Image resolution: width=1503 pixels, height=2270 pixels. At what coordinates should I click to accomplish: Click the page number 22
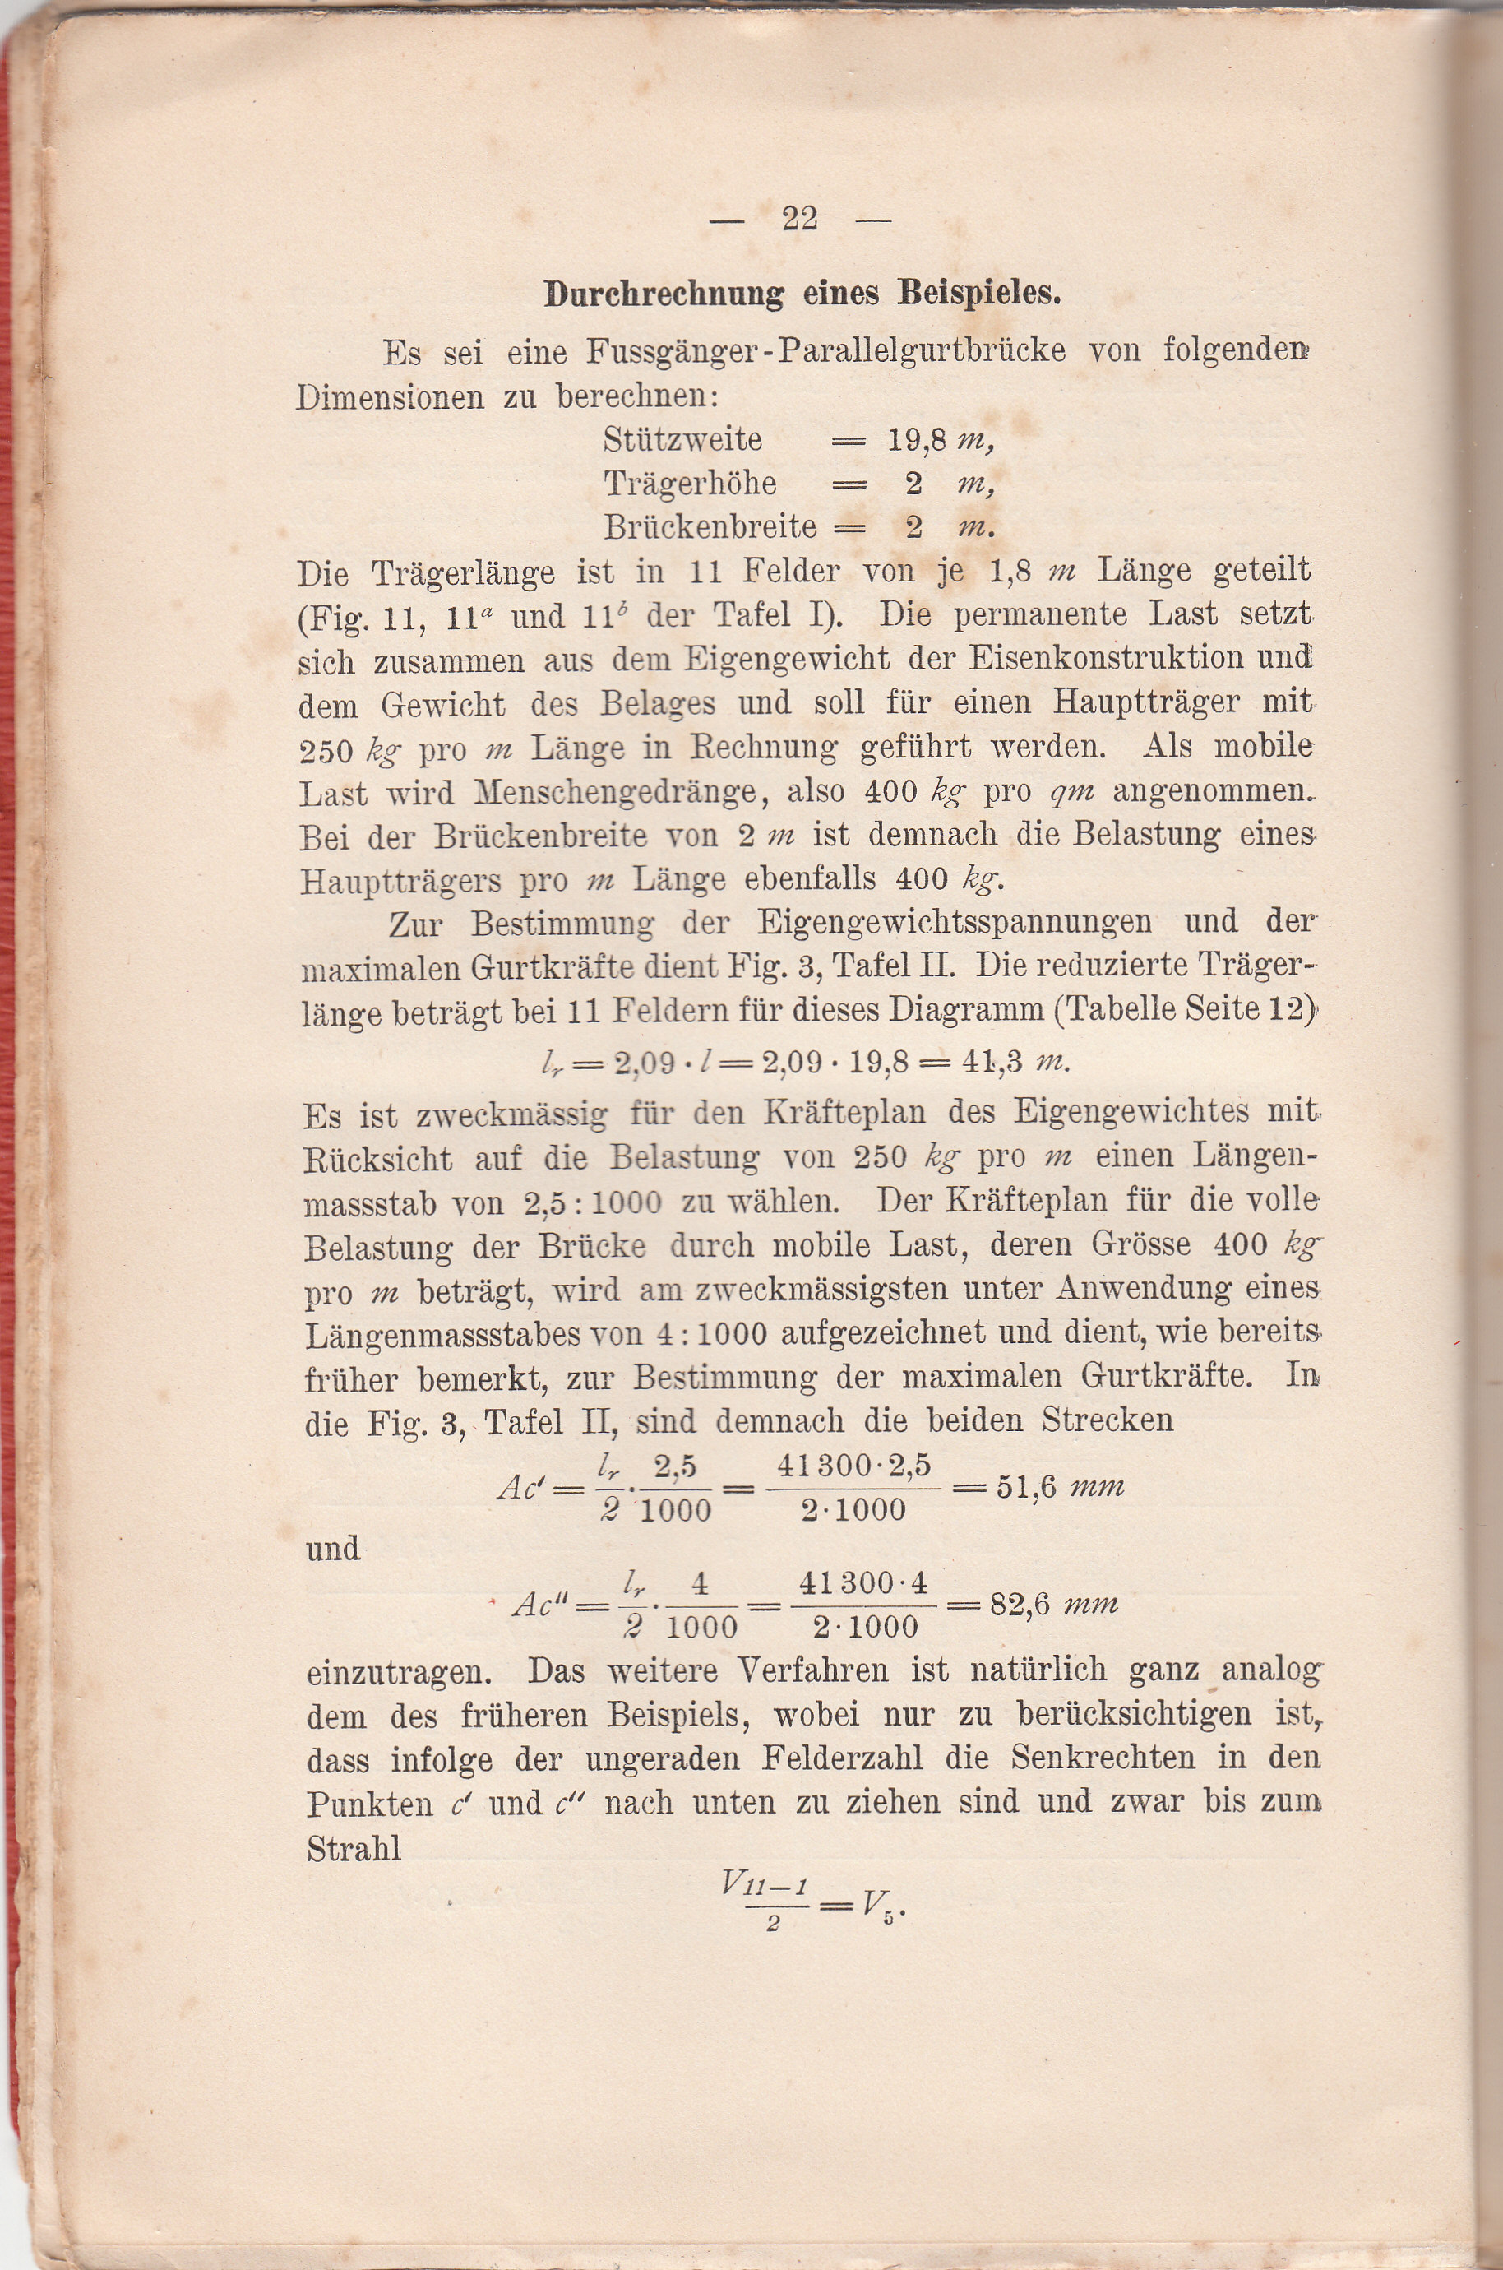tap(799, 220)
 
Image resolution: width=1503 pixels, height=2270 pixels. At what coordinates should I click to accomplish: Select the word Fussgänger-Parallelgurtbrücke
tap(825, 352)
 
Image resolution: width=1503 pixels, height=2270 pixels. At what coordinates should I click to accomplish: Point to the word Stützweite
tap(682, 440)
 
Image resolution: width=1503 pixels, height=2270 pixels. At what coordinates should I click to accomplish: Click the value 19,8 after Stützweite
tap(918, 440)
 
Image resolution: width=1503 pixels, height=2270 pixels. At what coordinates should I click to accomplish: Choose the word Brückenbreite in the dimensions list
tap(710, 527)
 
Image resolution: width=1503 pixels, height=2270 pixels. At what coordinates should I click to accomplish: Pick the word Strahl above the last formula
tap(354, 1849)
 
